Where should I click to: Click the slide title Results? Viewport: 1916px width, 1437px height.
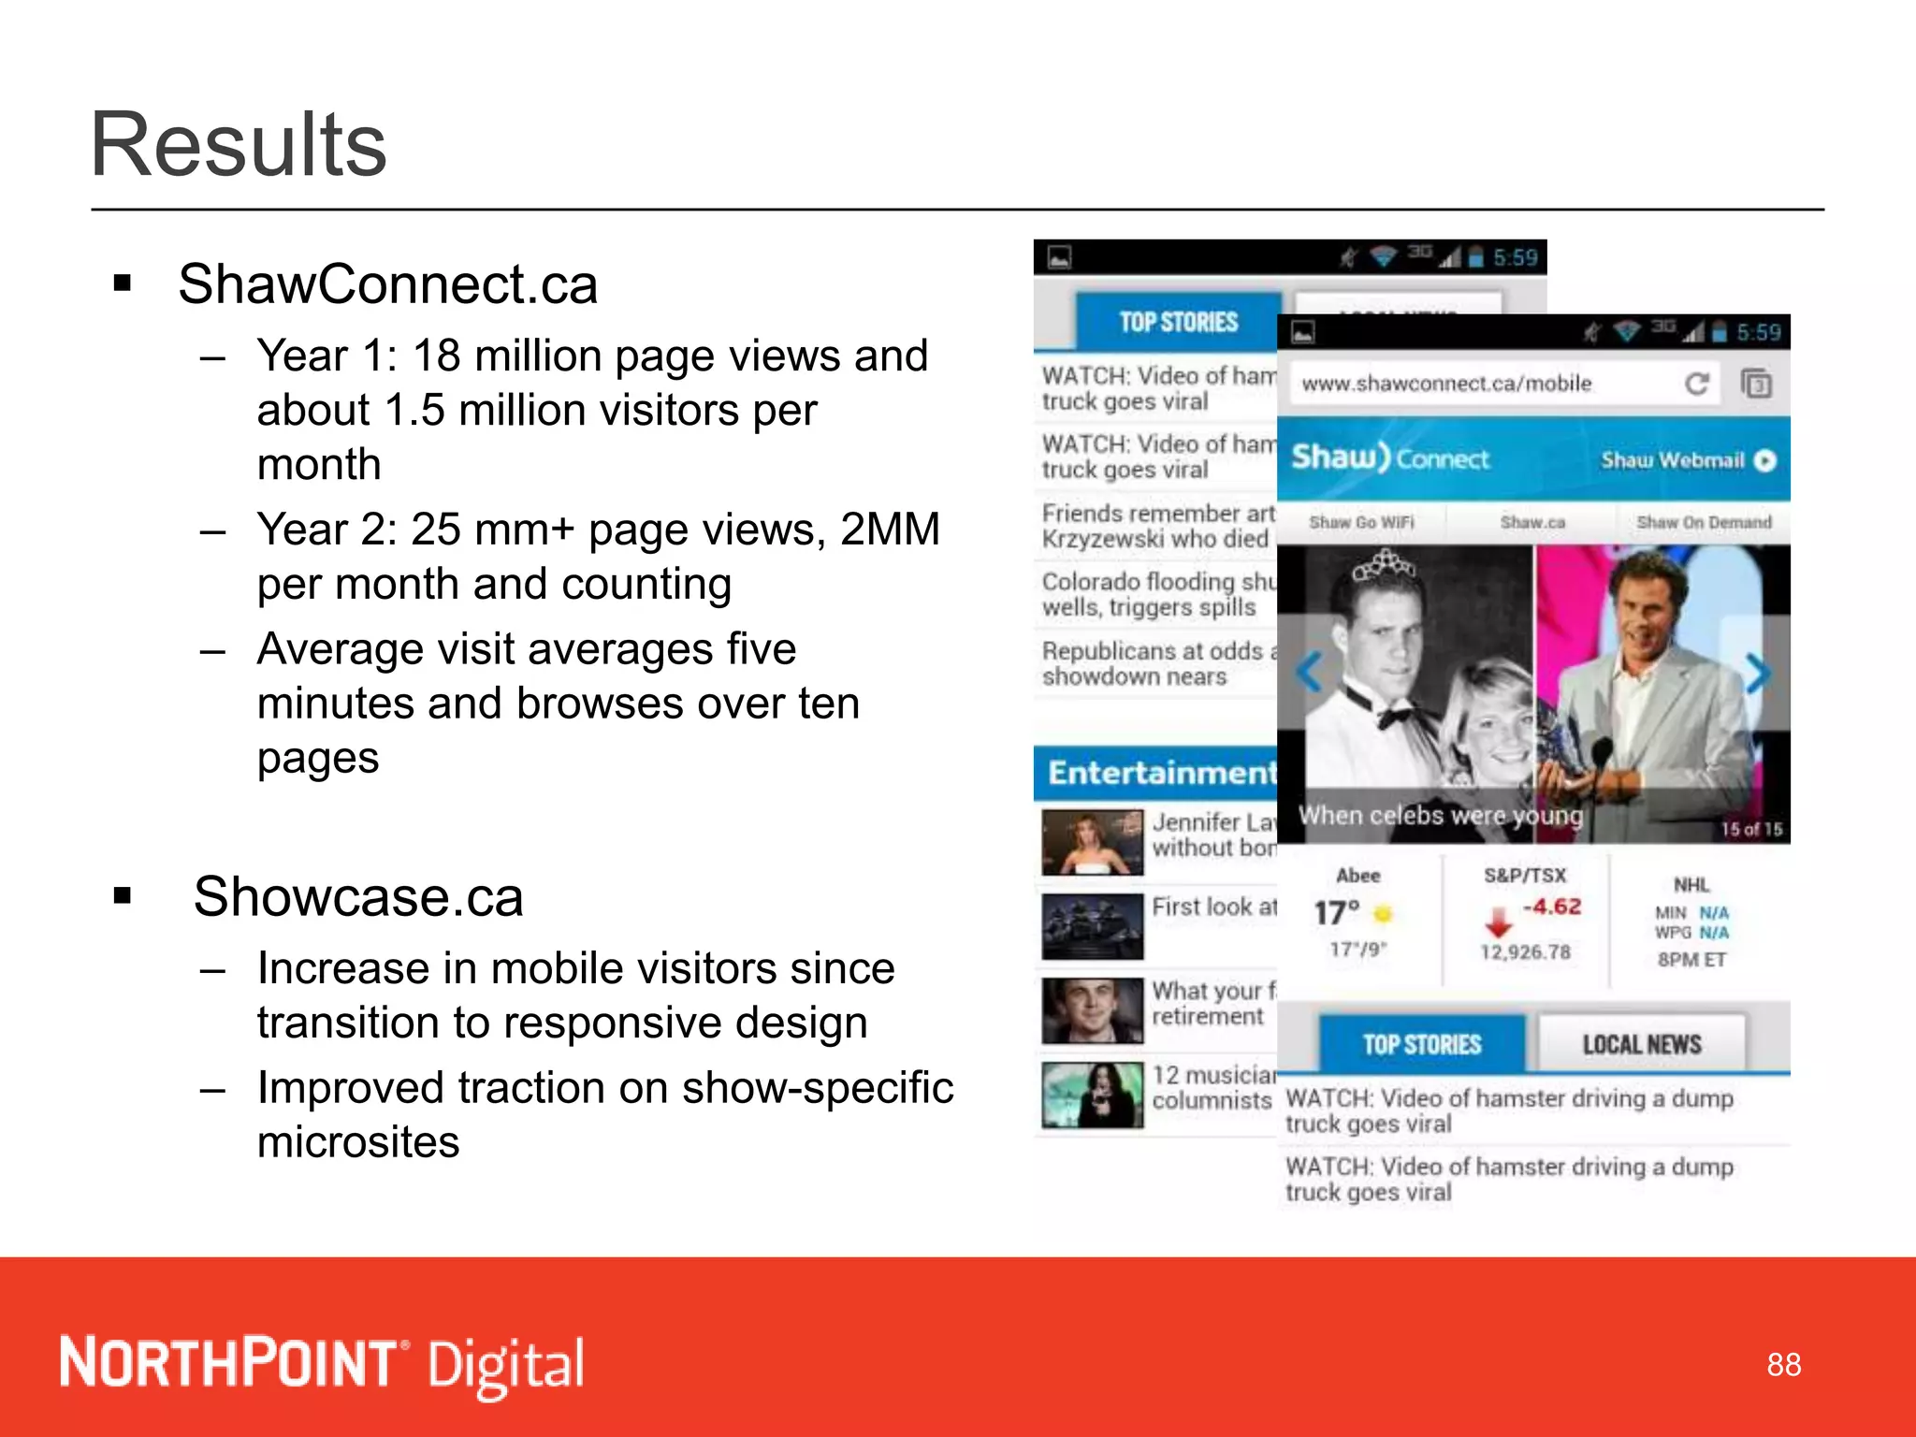tap(239, 145)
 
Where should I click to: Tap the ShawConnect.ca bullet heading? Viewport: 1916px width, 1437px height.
tap(387, 284)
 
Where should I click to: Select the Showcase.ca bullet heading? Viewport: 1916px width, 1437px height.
tap(358, 896)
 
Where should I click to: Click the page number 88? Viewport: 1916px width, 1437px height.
tap(1783, 1365)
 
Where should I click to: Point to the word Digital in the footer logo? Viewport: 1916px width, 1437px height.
tap(506, 1365)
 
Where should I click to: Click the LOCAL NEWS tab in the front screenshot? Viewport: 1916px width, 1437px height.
tap(1641, 1044)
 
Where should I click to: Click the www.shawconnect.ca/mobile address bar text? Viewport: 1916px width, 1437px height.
tap(1446, 384)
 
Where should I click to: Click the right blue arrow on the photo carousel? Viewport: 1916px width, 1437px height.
tap(1758, 674)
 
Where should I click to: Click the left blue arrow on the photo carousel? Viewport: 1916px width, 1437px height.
tap(1311, 672)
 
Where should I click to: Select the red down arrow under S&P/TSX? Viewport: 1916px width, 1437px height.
tap(1499, 922)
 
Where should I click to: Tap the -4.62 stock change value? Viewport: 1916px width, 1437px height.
tap(1552, 907)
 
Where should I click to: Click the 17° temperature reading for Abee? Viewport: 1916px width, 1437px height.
tap(1337, 912)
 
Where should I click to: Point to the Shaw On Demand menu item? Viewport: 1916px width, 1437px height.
tap(1704, 522)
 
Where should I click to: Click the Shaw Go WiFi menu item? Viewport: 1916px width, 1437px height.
tap(1361, 522)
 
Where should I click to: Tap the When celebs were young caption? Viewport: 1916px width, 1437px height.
tap(1440, 816)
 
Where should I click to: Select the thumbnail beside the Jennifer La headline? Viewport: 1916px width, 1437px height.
tap(1092, 842)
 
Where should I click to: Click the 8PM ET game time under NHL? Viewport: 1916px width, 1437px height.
tap(1691, 960)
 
